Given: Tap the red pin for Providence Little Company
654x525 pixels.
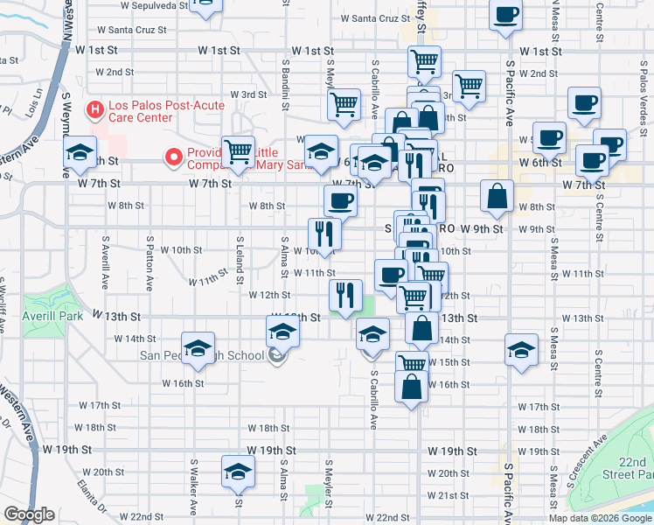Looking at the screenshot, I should [174, 157].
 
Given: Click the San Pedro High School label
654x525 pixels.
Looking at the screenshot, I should [202, 355].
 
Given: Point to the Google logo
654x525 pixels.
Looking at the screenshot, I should [29, 514].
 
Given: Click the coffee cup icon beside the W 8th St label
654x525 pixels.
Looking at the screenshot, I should [340, 200].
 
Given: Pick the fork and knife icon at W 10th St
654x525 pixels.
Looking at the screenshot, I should [324, 234].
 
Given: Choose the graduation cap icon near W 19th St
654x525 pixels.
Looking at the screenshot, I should [237, 471].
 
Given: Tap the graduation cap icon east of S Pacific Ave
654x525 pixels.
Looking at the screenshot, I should [521, 349].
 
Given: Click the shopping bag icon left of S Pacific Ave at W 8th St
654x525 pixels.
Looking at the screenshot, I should [496, 198].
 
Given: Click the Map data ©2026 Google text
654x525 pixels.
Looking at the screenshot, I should [600, 517].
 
